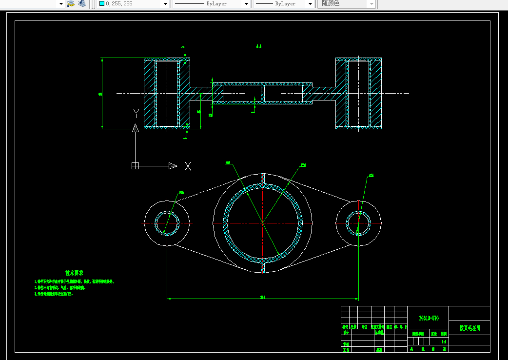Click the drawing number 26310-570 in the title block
coord(429,318)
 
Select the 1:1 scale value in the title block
coord(444,342)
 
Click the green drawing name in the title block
coord(469,328)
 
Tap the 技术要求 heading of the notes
coord(74,273)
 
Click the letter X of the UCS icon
coord(188,166)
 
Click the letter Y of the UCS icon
coord(136,114)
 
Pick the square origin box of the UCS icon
coord(136,166)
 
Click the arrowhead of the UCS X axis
coord(173,166)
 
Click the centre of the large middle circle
coord(263,222)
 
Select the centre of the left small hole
coord(167,222)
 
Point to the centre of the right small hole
coord(358,222)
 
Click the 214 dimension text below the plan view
coord(262,297)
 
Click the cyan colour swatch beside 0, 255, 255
coord(101,3)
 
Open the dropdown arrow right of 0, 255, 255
coord(165,4)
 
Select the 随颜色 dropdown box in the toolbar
coord(348,3)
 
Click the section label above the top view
coord(259,46)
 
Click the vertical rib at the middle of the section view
coord(263,93)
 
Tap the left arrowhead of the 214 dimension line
coord(169,299)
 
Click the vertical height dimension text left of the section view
coord(100,94)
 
